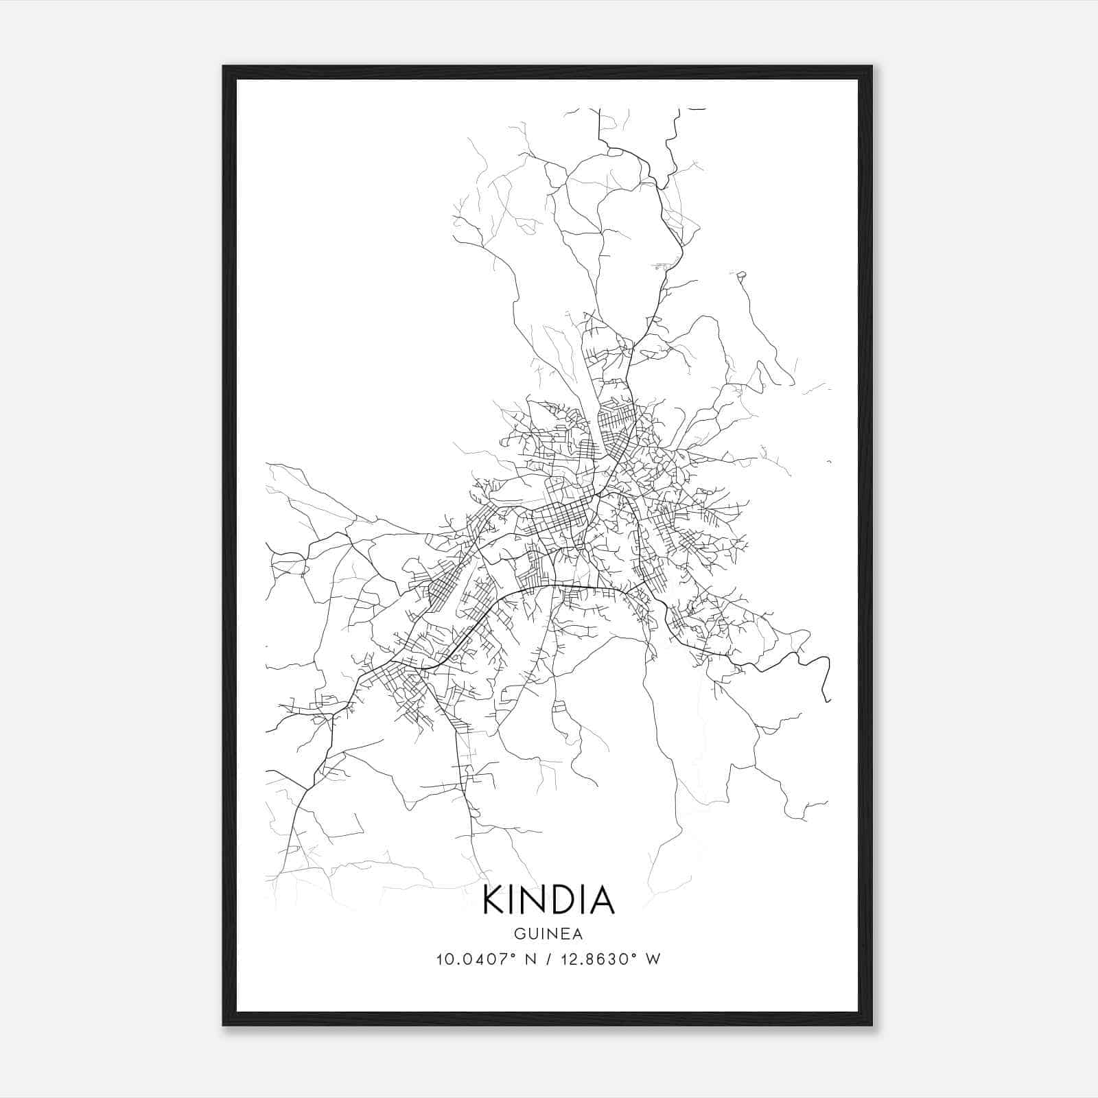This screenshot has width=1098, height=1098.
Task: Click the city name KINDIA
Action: tap(548, 900)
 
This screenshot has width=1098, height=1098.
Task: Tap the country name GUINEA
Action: tap(548, 934)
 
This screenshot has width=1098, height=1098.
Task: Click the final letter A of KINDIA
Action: tap(601, 900)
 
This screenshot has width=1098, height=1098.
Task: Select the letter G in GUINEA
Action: tap(518, 934)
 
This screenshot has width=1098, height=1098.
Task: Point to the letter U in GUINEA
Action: tap(530, 934)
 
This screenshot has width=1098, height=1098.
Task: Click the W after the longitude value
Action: tap(653, 959)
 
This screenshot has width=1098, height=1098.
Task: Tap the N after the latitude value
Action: tap(528, 959)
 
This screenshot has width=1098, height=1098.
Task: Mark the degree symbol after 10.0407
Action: tap(513, 955)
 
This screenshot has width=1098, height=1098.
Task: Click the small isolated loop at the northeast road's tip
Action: tap(741, 276)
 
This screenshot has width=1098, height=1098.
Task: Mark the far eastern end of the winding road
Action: tap(829, 701)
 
